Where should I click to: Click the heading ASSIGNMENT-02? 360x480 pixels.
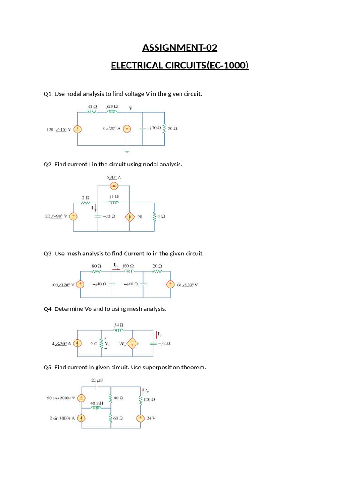coord(180,48)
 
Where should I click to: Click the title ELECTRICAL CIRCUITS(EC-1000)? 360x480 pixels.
coord(180,65)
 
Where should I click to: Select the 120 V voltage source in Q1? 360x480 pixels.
coord(78,129)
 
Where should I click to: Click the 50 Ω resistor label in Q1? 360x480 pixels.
coord(172,128)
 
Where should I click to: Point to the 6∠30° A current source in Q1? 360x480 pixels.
coord(127,129)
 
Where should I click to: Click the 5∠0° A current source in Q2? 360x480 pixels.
coord(114,186)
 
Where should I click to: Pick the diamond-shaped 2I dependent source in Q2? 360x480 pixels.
coord(129,217)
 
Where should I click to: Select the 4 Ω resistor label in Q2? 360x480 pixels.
coord(162,217)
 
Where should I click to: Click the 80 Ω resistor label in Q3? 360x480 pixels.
coord(97,266)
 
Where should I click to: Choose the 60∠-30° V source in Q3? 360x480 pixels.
coord(171,285)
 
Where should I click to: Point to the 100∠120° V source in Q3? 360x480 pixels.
coord(81,285)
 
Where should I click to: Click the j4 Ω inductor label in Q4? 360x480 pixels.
coord(119,324)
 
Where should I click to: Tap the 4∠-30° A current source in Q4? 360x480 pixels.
coord(78,344)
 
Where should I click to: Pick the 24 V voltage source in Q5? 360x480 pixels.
coord(140,419)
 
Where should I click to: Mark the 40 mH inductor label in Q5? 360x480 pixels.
coord(97,403)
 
